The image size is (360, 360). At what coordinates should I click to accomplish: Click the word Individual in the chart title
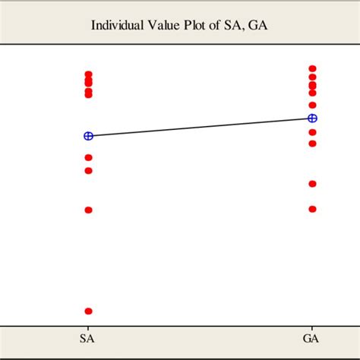click(x=116, y=24)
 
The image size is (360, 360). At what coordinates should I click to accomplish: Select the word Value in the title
click(x=159, y=24)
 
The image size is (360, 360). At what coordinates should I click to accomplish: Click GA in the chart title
click(x=251, y=24)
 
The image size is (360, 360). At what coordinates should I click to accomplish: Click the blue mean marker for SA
click(x=88, y=136)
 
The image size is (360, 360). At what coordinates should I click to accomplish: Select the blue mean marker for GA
click(x=312, y=118)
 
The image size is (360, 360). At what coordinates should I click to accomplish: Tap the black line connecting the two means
click(x=200, y=127)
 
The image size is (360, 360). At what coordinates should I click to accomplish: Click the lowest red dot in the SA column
click(x=88, y=311)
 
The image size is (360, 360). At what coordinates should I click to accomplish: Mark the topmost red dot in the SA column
click(x=88, y=74)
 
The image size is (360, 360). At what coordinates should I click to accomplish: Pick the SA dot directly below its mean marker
click(x=88, y=157)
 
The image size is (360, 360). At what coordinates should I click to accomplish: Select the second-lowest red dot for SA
click(x=88, y=210)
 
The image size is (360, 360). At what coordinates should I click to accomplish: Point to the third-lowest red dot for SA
click(x=88, y=170)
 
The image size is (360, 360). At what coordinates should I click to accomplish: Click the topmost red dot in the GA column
click(x=312, y=68)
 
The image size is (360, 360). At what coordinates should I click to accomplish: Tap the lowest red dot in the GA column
click(x=312, y=209)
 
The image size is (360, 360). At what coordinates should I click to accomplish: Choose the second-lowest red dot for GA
click(x=312, y=184)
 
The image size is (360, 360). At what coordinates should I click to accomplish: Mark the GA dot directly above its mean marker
click(x=312, y=105)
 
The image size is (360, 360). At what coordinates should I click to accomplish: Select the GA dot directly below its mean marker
click(x=312, y=132)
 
